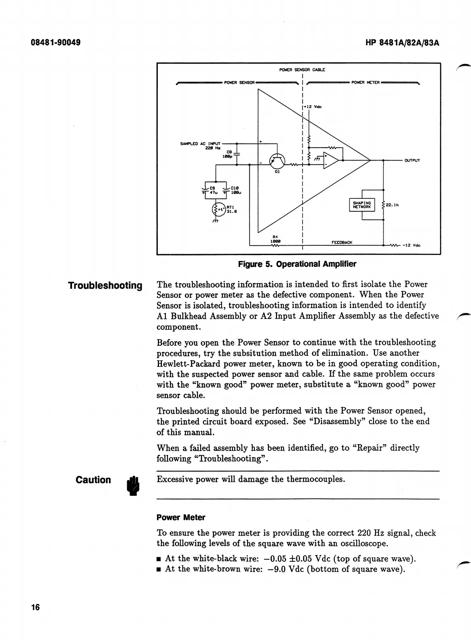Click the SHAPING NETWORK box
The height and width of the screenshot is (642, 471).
(x=362, y=205)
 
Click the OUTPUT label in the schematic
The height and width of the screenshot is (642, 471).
(x=412, y=160)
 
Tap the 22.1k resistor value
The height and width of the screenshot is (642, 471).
(x=392, y=205)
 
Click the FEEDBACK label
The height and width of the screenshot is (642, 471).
(x=342, y=242)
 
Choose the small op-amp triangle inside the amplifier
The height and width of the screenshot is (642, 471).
(x=330, y=160)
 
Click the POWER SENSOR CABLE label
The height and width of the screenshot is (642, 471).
(x=302, y=70)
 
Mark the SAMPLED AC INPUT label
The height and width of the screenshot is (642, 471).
(x=200, y=143)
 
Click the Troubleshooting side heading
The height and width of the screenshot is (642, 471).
(x=105, y=285)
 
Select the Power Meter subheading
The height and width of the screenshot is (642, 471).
(x=180, y=517)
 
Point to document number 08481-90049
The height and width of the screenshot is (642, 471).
(x=55, y=42)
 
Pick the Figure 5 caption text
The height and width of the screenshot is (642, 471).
(x=297, y=264)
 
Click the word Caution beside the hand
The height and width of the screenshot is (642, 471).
(x=93, y=480)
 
